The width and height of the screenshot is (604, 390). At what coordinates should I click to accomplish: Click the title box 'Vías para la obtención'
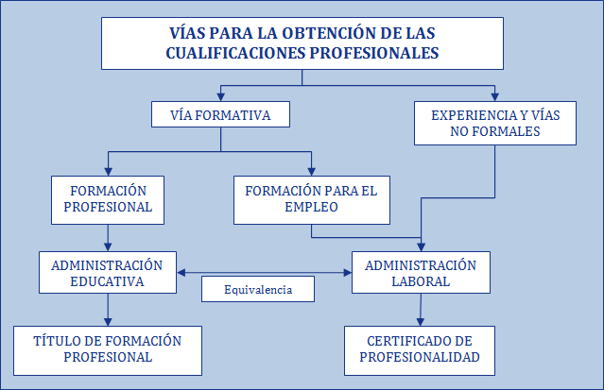pyautogui.click(x=302, y=43)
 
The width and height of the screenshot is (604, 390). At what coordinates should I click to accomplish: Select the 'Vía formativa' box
pyautogui.click(x=220, y=114)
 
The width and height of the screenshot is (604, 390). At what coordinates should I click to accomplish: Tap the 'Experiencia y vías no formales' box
pyautogui.click(x=495, y=123)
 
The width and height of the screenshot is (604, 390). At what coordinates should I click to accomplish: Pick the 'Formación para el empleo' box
pyautogui.click(x=311, y=199)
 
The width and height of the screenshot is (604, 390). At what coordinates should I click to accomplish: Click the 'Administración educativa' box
pyautogui.click(x=107, y=273)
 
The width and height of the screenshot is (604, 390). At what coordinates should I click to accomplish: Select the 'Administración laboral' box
pyautogui.click(x=421, y=273)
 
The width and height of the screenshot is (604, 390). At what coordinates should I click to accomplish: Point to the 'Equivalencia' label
pyautogui.click(x=257, y=290)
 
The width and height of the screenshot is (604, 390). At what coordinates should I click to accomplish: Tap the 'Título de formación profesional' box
pyautogui.click(x=107, y=348)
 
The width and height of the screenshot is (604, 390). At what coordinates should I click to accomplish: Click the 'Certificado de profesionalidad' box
pyautogui.click(x=419, y=348)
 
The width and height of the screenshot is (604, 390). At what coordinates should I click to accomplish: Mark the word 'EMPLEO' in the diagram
pyautogui.click(x=311, y=209)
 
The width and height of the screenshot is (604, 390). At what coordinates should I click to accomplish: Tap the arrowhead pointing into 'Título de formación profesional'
pyautogui.click(x=107, y=321)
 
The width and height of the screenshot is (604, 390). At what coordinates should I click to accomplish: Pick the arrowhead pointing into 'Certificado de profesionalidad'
pyautogui.click(x=419, y=321)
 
